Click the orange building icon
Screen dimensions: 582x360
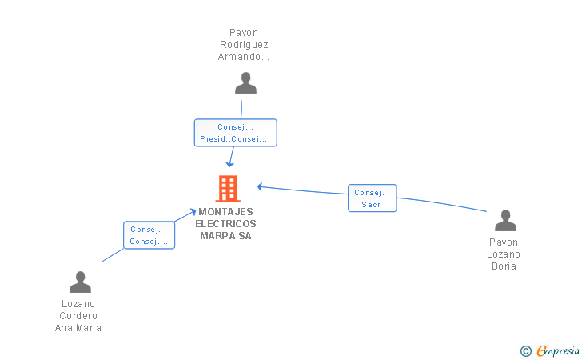[x=228, y=189]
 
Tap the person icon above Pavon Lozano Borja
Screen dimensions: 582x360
[x=505, y=220]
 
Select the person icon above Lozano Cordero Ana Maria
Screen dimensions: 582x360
[x=80, y=282]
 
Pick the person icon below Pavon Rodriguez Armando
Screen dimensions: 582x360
[x=245, y=83]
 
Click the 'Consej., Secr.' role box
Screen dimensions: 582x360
[x=373, y=198]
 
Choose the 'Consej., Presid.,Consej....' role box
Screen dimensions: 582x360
[x=236, y=133]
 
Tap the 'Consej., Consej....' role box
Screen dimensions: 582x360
[x=149, y=235]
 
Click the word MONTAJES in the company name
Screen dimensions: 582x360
[x=225, y=212]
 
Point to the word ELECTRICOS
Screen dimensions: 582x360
[x=225, y=224]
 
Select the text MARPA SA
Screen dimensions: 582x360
[x=225, y=236]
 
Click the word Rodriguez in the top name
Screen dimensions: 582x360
[x=244, y=45]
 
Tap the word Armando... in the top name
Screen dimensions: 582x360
[x=244, y=57]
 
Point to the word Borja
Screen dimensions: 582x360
[x=504, y=266]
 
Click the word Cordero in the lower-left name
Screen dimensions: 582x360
[x=78, y=316]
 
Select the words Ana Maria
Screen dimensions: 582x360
[x=78, y=328]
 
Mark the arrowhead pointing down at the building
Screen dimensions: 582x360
[x=230, y=164]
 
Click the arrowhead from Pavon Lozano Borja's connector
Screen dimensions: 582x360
[x=260, y=187]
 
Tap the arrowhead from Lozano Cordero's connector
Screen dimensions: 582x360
[x=192, y=212]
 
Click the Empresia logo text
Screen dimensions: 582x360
[x=558, y=350]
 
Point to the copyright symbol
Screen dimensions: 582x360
[x=525, y=351]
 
